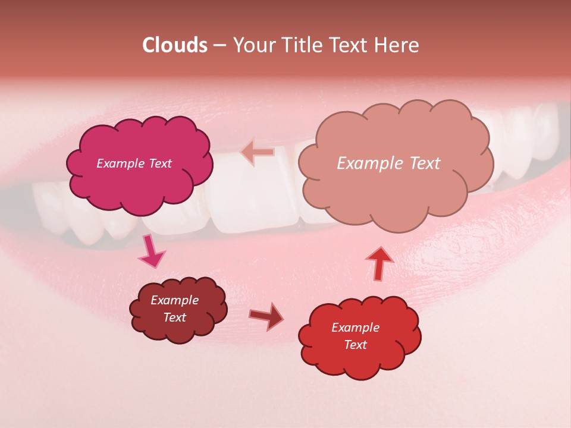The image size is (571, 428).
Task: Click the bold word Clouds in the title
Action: (x=174, y=45)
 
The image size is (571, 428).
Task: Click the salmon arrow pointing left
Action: (x=258, y=152)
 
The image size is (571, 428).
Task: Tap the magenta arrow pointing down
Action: (x=151, y=252)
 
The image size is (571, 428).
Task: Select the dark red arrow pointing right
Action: (x=267, y=317)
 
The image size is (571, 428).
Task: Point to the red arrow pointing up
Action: (x=378, y=263)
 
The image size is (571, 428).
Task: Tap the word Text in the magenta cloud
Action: (x=159, y=163)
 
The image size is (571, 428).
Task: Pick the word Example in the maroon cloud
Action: (x=174, y=300)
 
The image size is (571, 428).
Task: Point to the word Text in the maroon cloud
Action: (x=174, y=317)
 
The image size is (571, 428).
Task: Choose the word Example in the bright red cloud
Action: (x=355, y=328)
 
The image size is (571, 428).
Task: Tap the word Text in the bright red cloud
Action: (x=355, y=345)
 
